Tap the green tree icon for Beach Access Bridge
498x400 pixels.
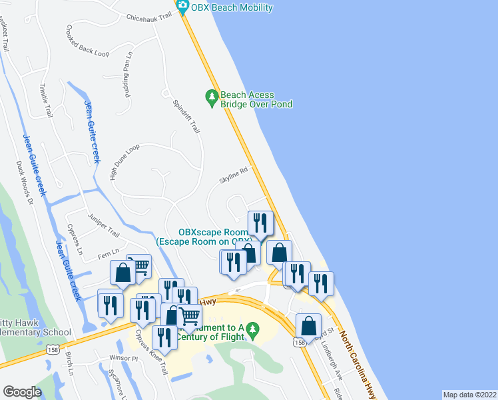click(212, 97)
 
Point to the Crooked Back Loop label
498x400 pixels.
click(87, 41)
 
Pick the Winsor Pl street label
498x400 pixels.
click(123, 359)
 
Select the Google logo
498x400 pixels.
click(23, 392)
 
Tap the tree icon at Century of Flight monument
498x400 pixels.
click(252, 329)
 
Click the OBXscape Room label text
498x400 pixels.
click(204, 232)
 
